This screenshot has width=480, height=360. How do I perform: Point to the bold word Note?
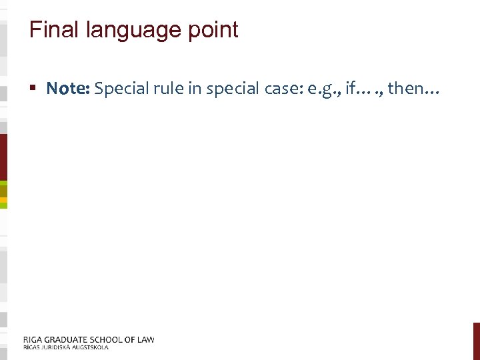point(68,89)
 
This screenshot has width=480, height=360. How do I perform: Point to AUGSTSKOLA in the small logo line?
point(86,347)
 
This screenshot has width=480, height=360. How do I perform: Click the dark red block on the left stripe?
point(3,157)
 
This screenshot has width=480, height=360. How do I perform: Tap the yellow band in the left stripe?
point(3,199)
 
